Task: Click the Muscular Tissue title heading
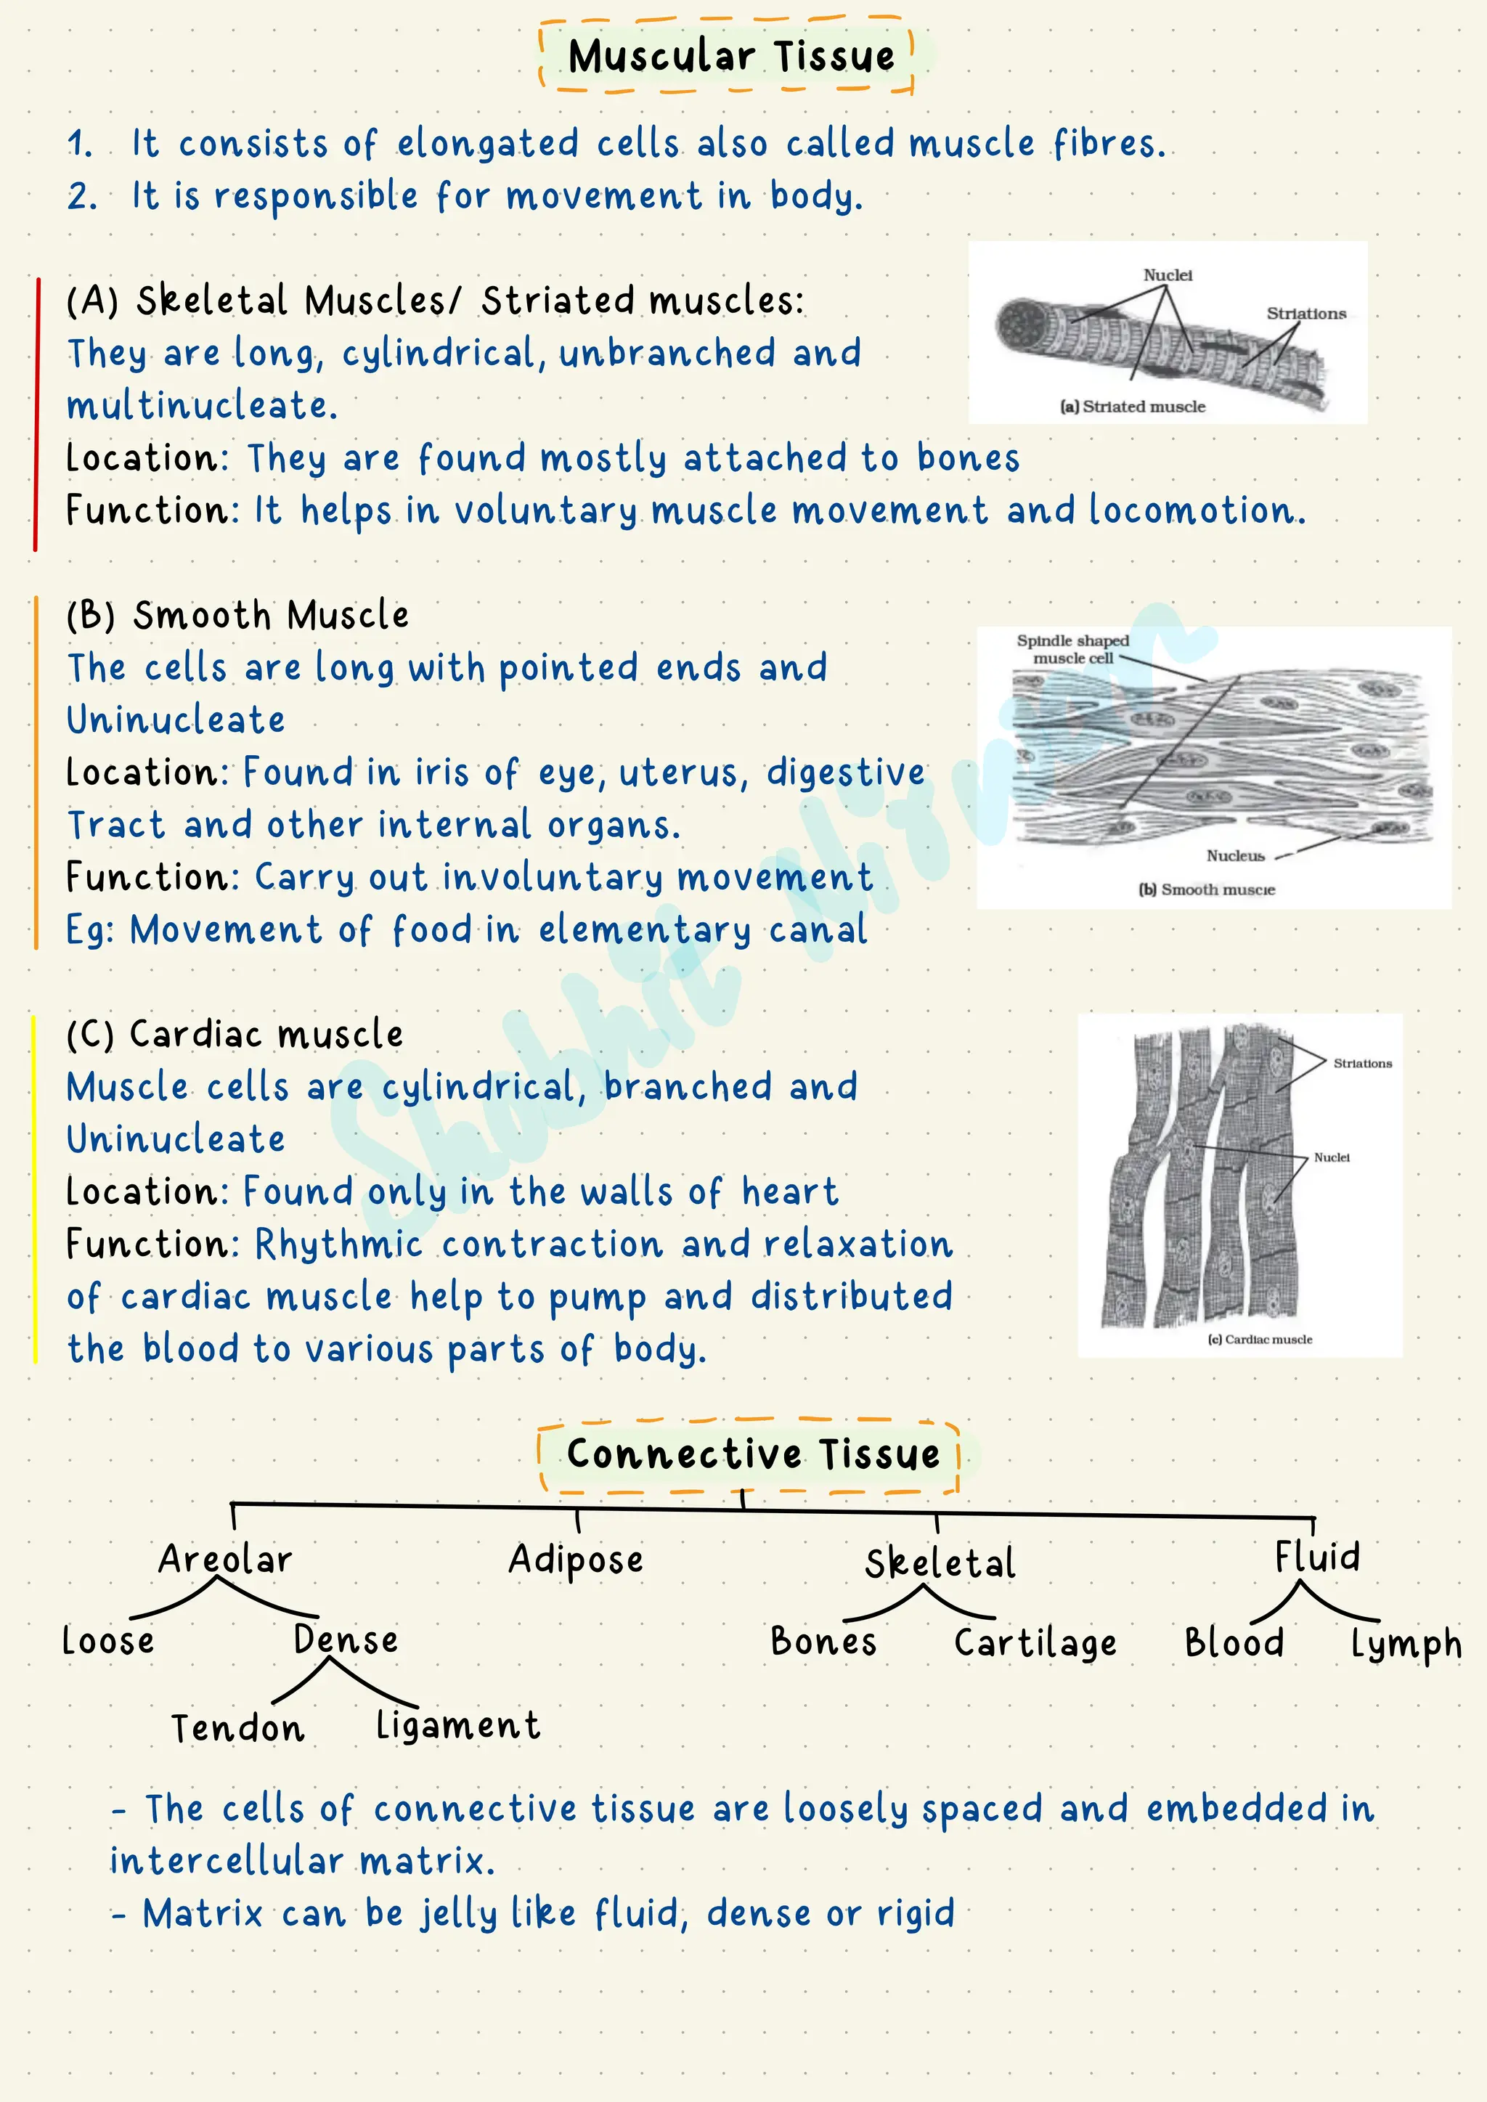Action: [x=730, y=56]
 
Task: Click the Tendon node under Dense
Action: [x=238, y=1727]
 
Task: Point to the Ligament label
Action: [x=458, y=1726]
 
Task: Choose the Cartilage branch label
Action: [x=1035, y=1642]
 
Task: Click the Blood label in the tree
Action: [x=1234, y=1642]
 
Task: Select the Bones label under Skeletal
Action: [x=823, y=1641]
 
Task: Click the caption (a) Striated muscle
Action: [x=1133, y=407]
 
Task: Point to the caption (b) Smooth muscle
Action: [x=1207, y=889]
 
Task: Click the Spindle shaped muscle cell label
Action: [x=1073, y=649]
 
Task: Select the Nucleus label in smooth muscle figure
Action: [x=1235, y=856]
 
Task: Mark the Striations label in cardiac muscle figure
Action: [x=1362, y=1063]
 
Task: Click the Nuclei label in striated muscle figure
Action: [x=1168, y=274]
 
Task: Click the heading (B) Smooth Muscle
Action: [x=238, y=615]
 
